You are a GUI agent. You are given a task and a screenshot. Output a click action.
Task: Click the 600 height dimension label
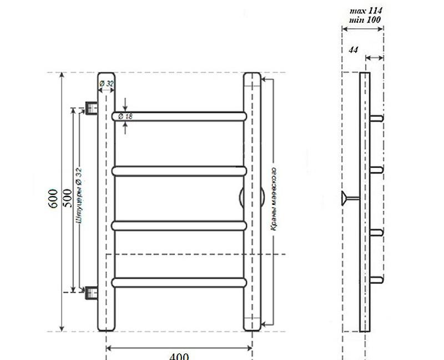pos(53,198)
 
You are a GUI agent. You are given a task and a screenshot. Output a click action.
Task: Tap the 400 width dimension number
pos(179,356)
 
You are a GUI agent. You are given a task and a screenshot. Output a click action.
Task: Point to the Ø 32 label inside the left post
pos(106,84)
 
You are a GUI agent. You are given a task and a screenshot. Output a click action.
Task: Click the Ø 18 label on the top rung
pos(125,116)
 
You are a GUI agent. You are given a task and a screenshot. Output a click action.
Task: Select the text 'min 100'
pos(365,19)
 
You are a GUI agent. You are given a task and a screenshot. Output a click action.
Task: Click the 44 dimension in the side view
pos(353,50)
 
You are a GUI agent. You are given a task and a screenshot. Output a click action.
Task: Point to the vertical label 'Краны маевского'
pos(274,198)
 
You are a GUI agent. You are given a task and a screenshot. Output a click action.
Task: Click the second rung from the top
pos(179,171)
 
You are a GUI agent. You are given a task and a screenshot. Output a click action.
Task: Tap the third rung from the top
pos(179,225)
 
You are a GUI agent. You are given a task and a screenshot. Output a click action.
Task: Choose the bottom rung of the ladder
pos(179,282)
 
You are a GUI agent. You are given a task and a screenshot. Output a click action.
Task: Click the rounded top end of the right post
pos(253,76)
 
